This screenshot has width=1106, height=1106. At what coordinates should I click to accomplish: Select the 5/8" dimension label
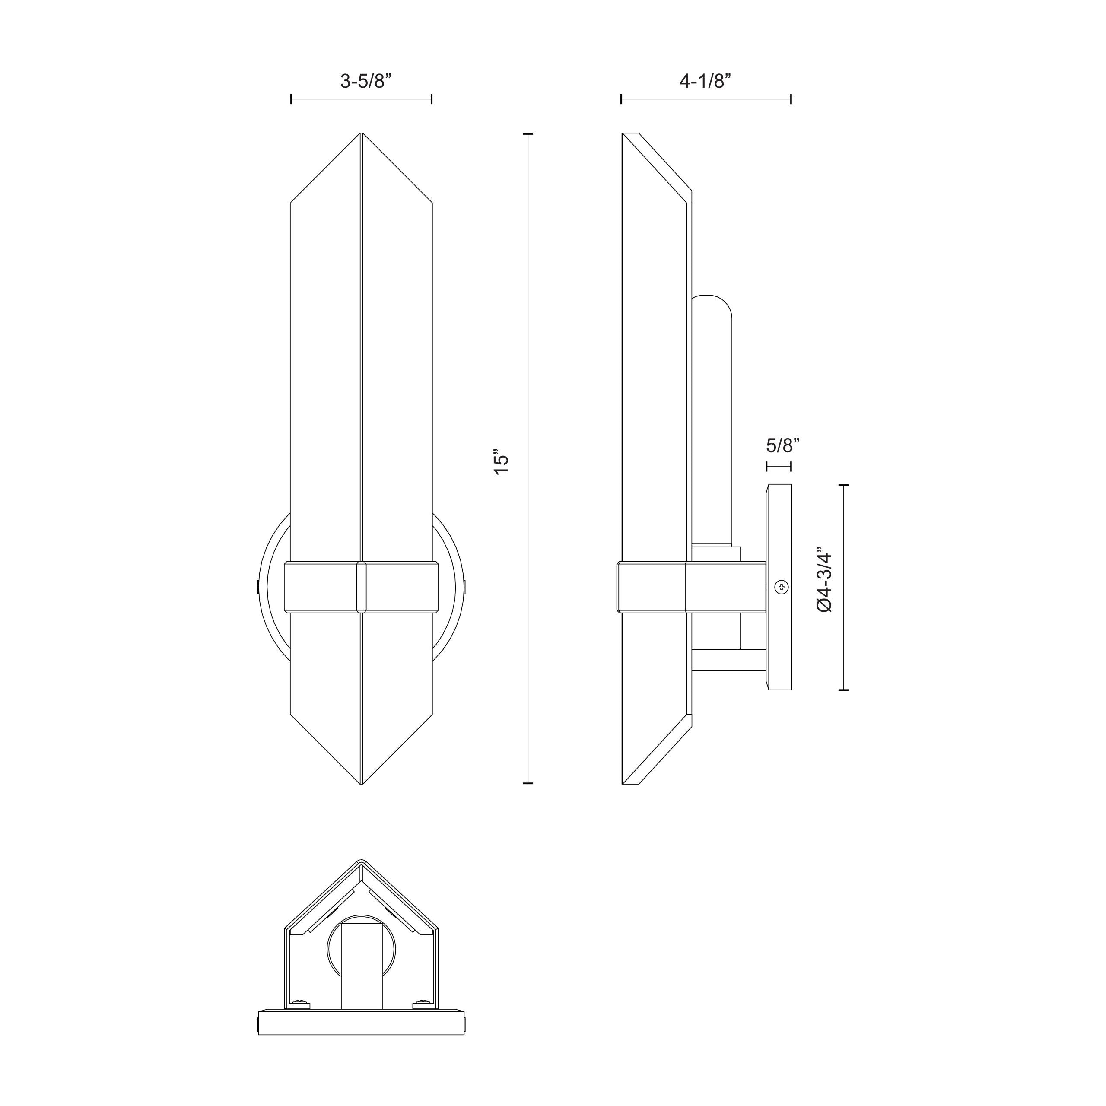click(x=782, y=445)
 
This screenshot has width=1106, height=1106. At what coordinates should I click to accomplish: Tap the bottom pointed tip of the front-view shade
click(x=361, y=783)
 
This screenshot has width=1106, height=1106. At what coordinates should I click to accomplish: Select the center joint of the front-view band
click(x=361, y=587)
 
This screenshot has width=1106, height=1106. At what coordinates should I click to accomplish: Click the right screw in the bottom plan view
click(x=423, y=1018)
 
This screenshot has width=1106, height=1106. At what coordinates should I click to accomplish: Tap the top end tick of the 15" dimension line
click(x=528, y=134)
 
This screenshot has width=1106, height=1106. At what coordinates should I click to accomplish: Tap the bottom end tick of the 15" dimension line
click(x=528, y=782)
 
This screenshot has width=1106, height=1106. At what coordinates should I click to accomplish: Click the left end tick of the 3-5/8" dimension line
click(x=291, y=99)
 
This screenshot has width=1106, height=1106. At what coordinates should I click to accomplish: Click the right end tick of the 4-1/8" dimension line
click(x=791, y=99)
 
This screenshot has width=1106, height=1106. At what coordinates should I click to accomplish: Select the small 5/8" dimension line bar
click(x=779, y=467)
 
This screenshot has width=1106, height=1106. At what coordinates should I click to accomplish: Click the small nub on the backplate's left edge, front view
click(x=259, y=587)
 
